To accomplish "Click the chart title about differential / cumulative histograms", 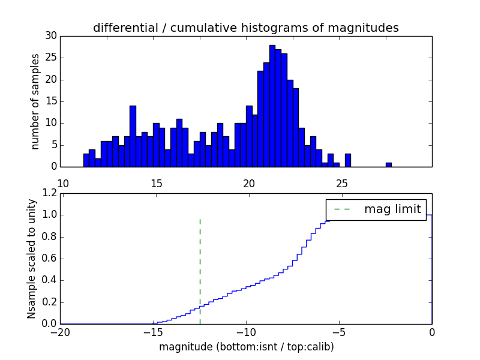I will (245, 28).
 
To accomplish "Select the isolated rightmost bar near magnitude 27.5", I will (389, 164).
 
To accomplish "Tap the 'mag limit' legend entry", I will (377, 209).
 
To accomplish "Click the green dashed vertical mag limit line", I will (200, 270).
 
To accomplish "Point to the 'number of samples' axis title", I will (36, 101).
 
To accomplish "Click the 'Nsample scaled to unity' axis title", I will (32, 258).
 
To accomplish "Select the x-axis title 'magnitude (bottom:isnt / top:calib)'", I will (246, 347).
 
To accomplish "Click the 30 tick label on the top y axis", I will (50, 36).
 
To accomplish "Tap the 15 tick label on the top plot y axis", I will (50, 101).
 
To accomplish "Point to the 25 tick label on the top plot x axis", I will (342, 183).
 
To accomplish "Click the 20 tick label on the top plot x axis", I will (249, 183).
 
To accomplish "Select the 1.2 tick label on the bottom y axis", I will (48, 193).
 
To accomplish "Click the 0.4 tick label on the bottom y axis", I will (48, 280).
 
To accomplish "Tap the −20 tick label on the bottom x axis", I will (60, 332).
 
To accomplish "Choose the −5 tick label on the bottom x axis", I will (339, 332).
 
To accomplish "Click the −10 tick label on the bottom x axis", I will (246, 332).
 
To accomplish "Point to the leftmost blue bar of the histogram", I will (86, 160).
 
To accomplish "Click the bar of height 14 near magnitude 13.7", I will (133, 136).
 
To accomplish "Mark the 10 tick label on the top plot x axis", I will (63, 183).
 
